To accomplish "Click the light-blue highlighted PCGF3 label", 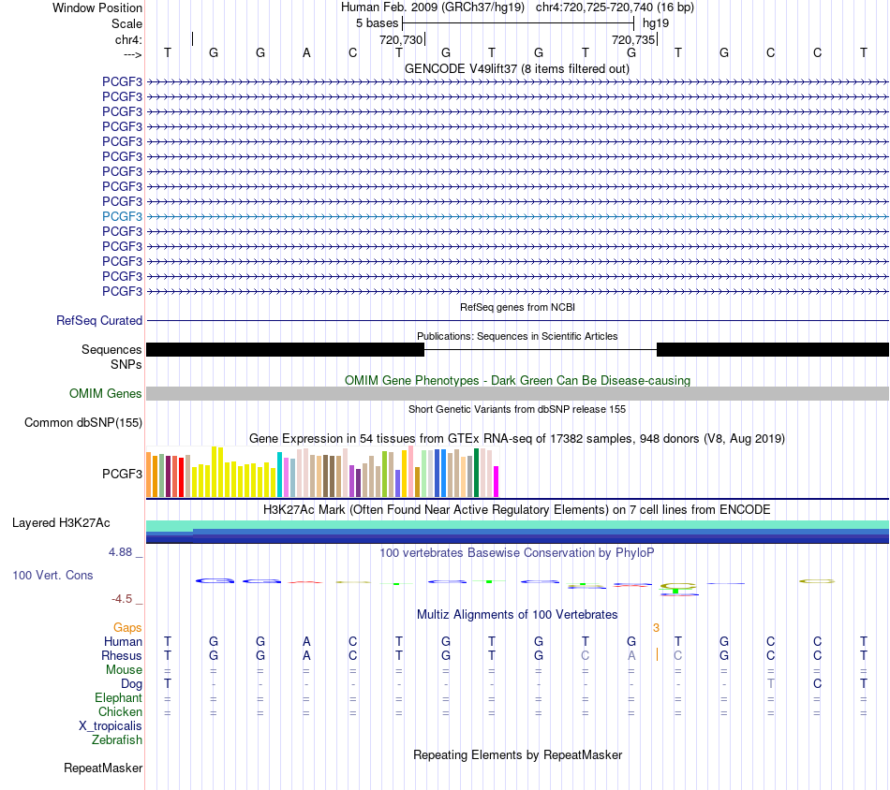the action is [x=122, y=216].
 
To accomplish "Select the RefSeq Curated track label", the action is [x=99, y=320].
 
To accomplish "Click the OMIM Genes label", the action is [x=106, y=393].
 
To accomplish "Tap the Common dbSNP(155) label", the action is [x=83, y=422].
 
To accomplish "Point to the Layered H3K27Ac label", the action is [x=61, y=523].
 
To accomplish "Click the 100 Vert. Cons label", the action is [x=52, y=575].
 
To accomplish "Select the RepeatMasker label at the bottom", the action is [x=103, y=768].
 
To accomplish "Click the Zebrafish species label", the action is [x=117, y=740].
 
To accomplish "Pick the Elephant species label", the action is [x=119, y=697].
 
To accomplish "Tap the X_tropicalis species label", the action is [x=111, y=726].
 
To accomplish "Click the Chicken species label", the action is [x=120, y=711].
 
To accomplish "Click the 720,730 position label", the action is [x=401, y=39].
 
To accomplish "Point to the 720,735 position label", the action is [x=633, y=39].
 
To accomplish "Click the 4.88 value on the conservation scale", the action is [x=120, y=552].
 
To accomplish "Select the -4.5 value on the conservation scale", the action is [x=122, y=599].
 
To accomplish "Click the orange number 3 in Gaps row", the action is [x=656, y=628].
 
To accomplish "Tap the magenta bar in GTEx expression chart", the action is [x=497, y=481].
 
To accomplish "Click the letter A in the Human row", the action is [x=306, y=641].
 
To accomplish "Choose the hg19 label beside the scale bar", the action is [x=656, y=23].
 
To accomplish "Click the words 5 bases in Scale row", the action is [x=378, y=23].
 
